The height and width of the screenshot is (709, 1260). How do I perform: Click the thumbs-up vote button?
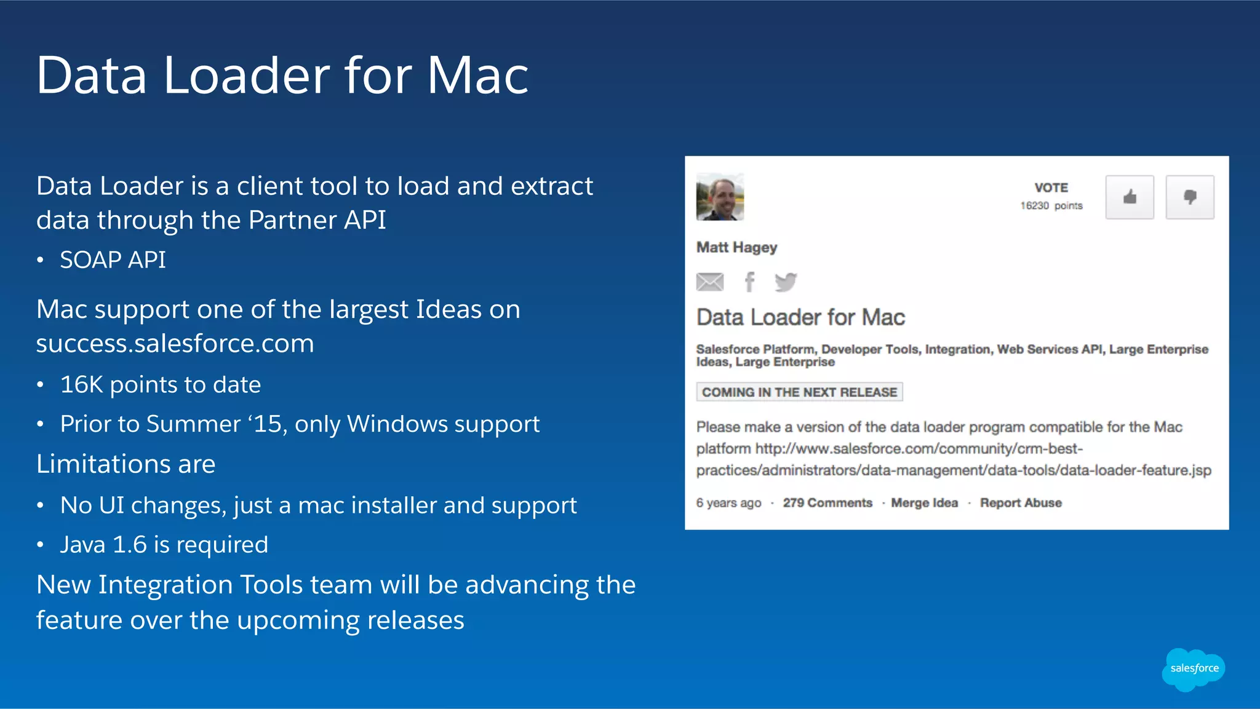[1129, 197]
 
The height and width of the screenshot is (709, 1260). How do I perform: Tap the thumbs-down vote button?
[1189, 197]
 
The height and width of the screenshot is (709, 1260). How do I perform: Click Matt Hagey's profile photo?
[720, 197]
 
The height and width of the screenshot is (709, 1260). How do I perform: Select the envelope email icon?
[710, 282]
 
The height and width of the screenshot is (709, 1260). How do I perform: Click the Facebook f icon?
[749, 282]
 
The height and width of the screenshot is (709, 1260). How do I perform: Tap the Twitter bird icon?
[786, 282]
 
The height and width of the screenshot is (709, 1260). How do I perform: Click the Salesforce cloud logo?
[1194, 668]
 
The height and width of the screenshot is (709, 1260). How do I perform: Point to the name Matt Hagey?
[736, 247]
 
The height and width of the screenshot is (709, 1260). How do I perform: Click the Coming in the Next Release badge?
[799, 392]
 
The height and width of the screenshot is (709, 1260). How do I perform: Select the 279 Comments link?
[827, 503]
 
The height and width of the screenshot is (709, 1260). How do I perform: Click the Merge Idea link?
[924, 503]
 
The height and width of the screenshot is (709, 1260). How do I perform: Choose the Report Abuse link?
[1021, 503]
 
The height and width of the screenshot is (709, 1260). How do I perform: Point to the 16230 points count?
[1051, 205]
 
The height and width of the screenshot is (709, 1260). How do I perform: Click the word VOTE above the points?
[1051, 188]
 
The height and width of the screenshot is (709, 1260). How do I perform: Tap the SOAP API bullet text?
[113, 260]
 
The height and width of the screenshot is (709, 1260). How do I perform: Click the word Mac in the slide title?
[477, 76]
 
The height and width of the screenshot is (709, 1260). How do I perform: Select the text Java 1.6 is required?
[164, 545]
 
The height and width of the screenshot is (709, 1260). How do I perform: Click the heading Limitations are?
[126, 464]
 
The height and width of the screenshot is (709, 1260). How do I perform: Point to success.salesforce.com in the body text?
[175, 343]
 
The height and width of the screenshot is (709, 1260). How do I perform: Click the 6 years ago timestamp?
[728, 503]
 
